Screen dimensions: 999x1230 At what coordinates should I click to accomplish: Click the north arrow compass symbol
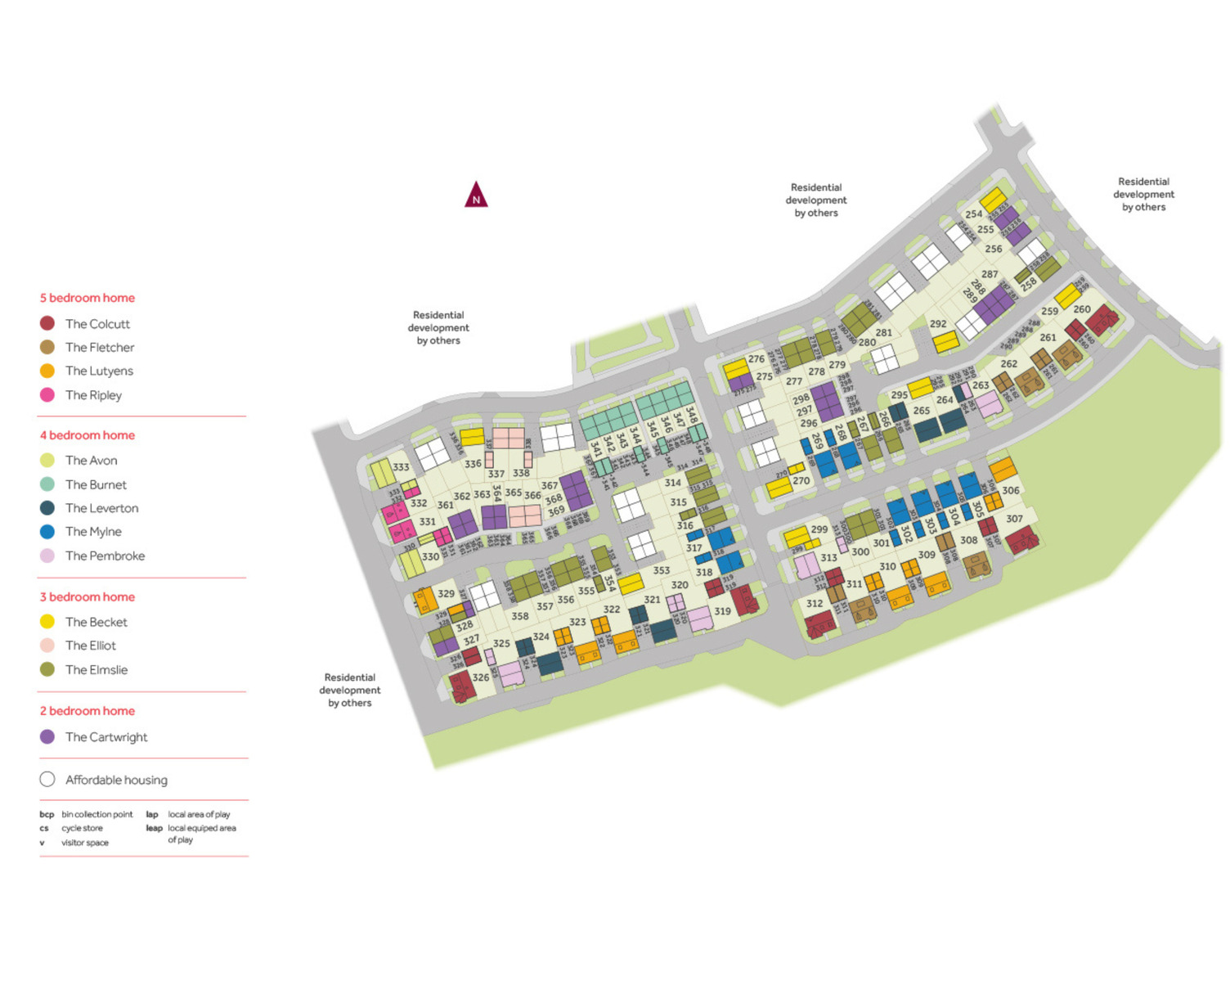point(476,196)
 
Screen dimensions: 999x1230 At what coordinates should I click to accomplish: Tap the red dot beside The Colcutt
point(47,323)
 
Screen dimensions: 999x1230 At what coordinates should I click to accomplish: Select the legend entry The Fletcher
point(100,347)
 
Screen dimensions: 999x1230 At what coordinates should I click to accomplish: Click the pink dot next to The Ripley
point(47,394)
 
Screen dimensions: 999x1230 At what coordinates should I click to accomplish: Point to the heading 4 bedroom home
point(88,435)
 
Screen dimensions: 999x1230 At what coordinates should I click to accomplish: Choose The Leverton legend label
point(101,508)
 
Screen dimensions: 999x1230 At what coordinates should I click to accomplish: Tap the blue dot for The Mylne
point(47,532)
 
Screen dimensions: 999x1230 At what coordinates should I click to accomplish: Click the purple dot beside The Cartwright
point(47,736)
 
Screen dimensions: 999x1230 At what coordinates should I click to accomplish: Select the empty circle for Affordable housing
point(47,780)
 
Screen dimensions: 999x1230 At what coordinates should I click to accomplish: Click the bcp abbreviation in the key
point(47,814)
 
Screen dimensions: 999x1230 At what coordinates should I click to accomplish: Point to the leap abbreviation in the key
point(154,828)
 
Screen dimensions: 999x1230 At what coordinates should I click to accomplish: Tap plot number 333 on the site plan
point(401,467)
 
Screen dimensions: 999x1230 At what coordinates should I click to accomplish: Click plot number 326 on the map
point(481,677)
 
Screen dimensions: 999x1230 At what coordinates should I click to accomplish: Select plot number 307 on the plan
point(1014,519)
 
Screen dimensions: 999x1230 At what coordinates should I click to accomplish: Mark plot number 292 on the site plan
point(938,324)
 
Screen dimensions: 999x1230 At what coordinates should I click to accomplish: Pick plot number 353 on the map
point(662,570)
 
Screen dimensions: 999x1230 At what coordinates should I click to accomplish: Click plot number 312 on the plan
point(815,604)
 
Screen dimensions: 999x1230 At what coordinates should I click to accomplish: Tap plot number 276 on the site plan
point(756,359)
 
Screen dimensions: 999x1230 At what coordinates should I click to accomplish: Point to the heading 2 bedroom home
point(88,711)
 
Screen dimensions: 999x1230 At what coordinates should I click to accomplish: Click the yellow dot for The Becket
point(47,622)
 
